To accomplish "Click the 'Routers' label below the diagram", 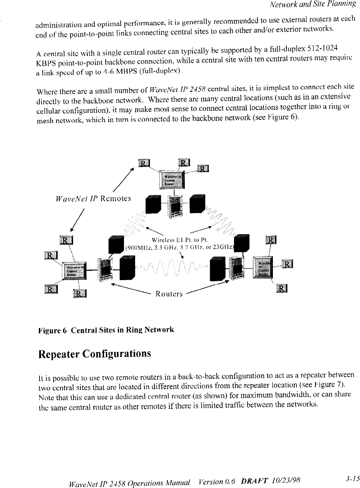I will point(170,294).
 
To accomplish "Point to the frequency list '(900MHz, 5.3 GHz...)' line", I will point(180,247).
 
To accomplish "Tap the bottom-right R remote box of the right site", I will point(282,288).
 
